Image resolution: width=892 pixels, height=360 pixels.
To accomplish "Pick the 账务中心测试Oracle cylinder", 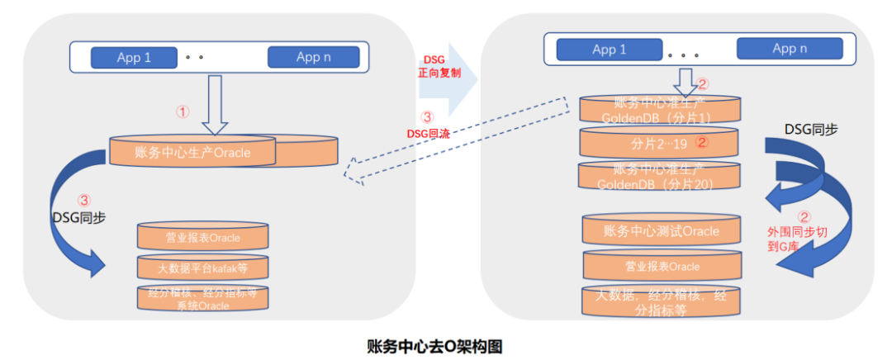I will click(x=662, y=231).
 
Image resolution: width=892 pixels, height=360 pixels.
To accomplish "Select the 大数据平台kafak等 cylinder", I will click(x=202, y=268).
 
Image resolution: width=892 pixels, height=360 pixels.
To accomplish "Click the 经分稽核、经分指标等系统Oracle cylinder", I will click(x=202, y=298).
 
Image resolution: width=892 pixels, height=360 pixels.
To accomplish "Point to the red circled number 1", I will click(x=183, y=111).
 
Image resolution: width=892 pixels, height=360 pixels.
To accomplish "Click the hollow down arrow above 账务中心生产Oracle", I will click(x=215, y=104).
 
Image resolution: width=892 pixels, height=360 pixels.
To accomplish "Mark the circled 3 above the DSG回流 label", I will click(x=426, y=117).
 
